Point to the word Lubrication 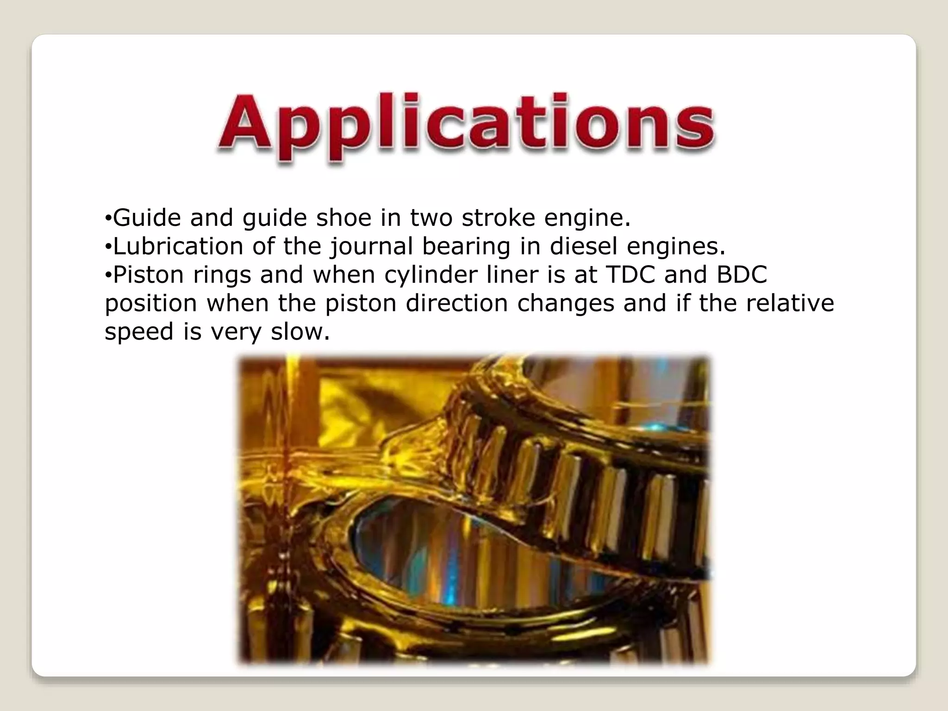click(x=178, y=246)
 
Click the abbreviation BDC click(x=742, y=274)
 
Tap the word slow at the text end click(x=300, y=331)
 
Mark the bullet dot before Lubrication click(x=107, y=247)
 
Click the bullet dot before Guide click(x=107, y=218)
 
